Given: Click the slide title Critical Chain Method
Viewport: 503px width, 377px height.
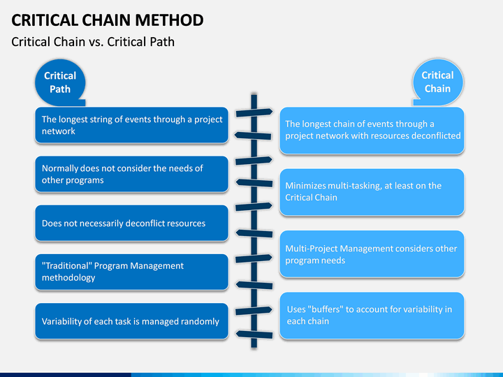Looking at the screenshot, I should (108, 20).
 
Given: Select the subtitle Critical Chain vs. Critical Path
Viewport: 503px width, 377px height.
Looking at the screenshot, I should (93, 42).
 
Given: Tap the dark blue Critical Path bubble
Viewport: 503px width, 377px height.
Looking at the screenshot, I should (60, 82).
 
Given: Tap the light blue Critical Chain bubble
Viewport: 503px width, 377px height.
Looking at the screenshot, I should (437, 82).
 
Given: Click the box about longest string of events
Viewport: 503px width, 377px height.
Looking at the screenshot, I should (131, 125).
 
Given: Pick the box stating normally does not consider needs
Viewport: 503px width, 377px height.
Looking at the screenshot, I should (131, 174).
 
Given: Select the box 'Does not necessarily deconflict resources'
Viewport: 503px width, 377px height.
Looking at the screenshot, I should (131, 223).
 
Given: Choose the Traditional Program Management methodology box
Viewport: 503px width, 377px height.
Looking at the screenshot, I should (131, 272).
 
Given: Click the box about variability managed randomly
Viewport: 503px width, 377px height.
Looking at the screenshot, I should (131, 321).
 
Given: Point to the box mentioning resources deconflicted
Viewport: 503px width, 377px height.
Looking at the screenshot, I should (372, 130).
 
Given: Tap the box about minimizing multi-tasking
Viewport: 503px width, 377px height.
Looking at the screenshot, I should (372, 192).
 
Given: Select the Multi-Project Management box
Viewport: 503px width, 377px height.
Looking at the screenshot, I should (372, 254).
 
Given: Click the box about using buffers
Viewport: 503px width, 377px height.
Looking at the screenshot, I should (372, 316).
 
